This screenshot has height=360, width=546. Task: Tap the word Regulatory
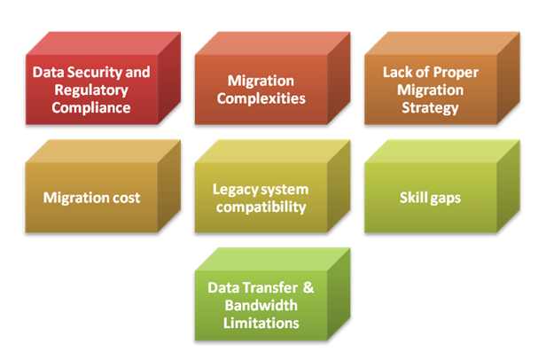[91, 90]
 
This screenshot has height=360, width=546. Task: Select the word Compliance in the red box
[91, 107]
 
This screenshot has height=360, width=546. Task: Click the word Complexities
[261, 98]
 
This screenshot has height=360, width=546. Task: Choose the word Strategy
[431, 108]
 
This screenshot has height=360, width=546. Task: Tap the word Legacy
[233, 190]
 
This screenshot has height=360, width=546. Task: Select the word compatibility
[261, 207]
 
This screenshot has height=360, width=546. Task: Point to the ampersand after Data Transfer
[308, 288]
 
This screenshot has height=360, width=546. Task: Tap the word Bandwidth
[261, 305]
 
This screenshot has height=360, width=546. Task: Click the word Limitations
[261, 323]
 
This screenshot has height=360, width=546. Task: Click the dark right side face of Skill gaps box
[509, 185]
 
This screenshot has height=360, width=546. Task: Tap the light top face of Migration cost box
[104, 152]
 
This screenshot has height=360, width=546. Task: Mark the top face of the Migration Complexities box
[273, 43]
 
